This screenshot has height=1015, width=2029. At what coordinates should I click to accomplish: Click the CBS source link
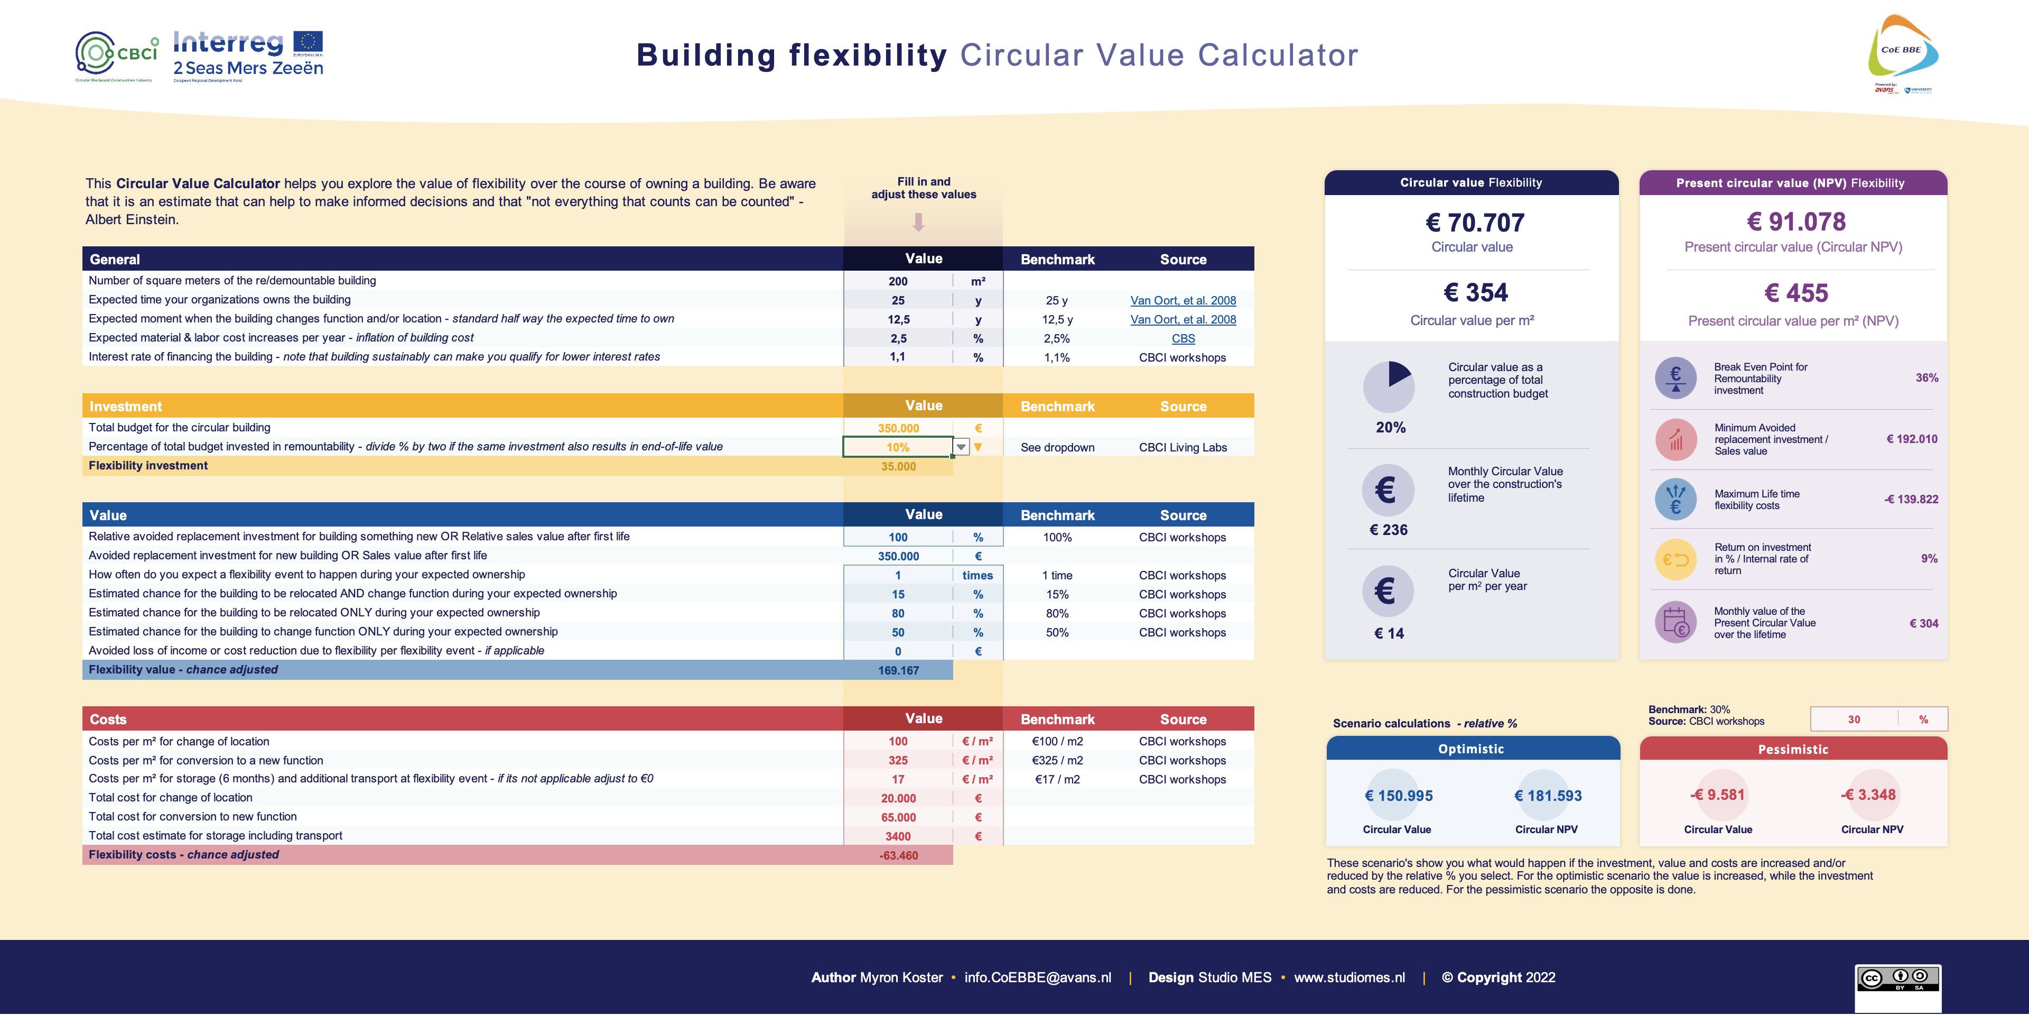tap(1183, 338)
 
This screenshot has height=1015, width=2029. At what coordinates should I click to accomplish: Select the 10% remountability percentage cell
tap(897, 447)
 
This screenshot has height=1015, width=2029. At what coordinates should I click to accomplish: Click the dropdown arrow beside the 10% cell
tap(961, 447)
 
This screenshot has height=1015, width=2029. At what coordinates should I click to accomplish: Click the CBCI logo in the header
tap(117, 55)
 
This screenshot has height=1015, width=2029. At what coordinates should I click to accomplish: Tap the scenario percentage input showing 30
tap(1854, 719)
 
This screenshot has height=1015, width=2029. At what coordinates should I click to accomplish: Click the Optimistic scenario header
tap(1472, 749)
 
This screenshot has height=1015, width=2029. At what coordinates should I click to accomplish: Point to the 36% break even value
tap(1926, 379)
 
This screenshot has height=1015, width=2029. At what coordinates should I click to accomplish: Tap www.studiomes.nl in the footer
tap(1349, 977)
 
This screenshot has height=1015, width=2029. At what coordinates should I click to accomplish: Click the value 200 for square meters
tap(898, 281)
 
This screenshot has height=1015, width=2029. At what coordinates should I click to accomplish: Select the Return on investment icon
tap(1676, 559)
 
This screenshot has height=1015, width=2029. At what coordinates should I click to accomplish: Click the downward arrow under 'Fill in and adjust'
tap(918, 223)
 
